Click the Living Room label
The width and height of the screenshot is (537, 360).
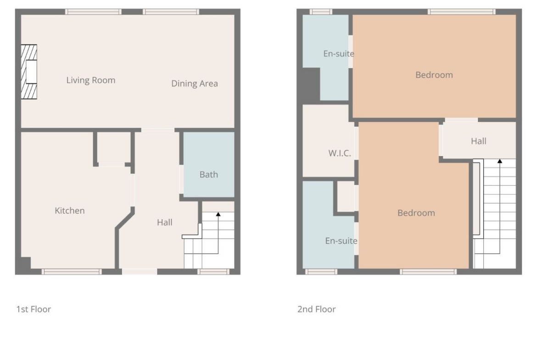click(91, 80)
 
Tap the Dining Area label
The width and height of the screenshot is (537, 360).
click(195, 83)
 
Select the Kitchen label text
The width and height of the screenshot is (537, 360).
click(69, 210)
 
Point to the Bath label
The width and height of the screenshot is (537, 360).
click(208, 175)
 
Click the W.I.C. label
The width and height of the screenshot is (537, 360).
click(340, 153)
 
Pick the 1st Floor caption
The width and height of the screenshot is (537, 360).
click(34, 309)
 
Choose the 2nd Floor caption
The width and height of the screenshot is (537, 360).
click(316, 309)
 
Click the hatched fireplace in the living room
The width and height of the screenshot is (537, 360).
click(29, 72)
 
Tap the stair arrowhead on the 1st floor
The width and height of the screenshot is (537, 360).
click(218, 214)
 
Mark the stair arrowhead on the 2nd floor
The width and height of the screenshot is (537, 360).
click(500, 161)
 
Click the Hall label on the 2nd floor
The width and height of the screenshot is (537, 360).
click(478, 141)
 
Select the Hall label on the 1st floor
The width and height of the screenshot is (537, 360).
click(164, 222)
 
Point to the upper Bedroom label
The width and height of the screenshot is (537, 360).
click(434, 75)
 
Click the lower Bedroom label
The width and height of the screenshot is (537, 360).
click(416, 213)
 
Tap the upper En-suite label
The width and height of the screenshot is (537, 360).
click(339, 53)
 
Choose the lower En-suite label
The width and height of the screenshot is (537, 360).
click(341, 241)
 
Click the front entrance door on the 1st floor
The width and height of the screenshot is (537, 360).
click(140, 271)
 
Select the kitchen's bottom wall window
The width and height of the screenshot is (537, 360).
click(72, 271)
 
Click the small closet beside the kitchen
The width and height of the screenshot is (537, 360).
click(113, 147)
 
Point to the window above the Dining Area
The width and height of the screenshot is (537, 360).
click(171, 11)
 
